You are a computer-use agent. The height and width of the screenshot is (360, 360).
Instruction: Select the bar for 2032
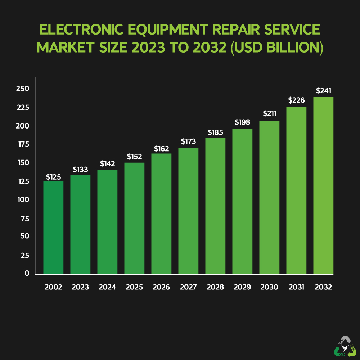coord(323,185)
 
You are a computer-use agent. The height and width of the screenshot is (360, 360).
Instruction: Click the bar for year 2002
coord(53,227)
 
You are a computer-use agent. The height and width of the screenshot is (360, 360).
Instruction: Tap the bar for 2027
coord(188,211)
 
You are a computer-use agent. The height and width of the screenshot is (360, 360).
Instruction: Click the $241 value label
coord(323,91)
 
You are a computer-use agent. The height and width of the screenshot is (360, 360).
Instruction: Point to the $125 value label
coord(53,177)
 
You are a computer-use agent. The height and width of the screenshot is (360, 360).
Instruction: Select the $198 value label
coord(242,122)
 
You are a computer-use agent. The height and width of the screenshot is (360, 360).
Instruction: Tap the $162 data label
coord(161,148)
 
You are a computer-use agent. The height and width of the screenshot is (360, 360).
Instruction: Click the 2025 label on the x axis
coord(134,287)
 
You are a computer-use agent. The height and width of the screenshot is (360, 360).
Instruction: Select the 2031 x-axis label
coord(296,287)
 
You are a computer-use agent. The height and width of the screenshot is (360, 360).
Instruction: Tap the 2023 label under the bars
coord(80,287)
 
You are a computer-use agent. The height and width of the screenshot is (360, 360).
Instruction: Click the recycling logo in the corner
coord(345,346)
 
